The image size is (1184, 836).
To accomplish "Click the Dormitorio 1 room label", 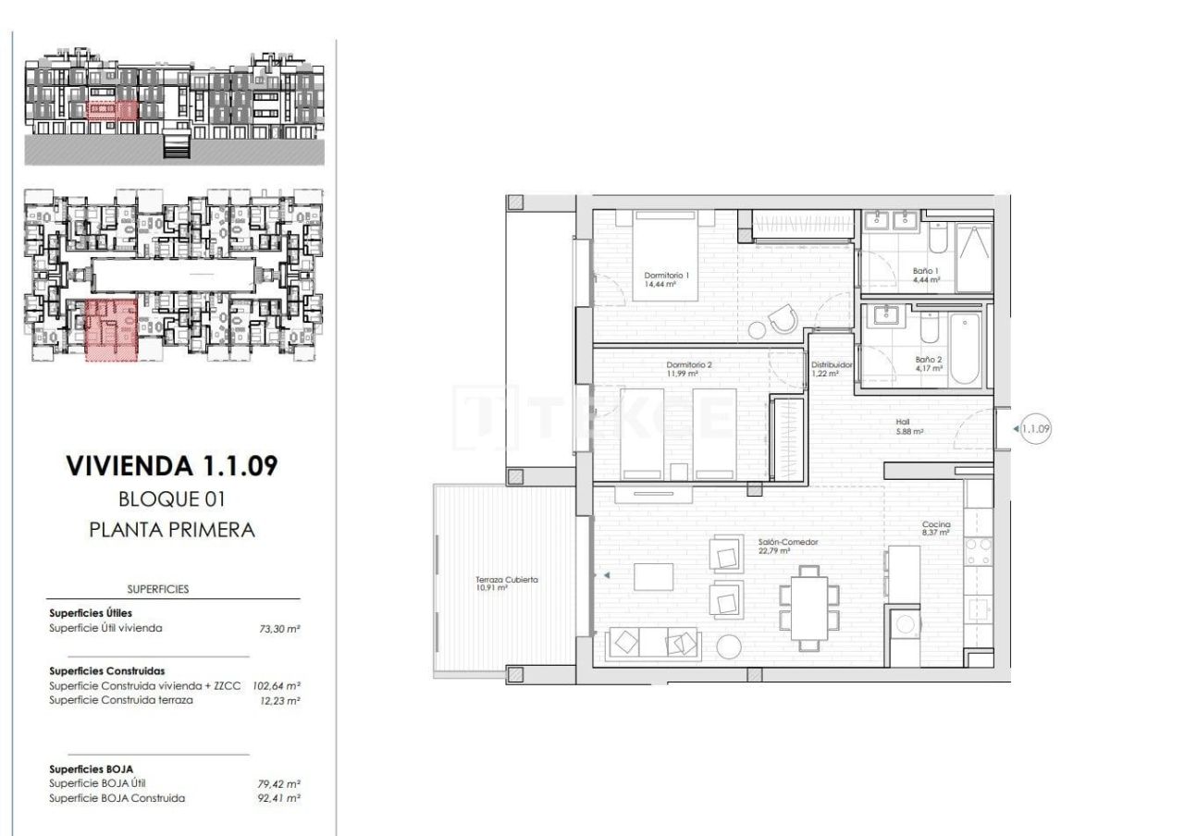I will click(x=666, y=276).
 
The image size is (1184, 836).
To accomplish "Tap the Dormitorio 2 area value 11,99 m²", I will click(x=688, y=374).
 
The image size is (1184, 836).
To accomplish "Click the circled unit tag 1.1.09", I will click(x=1036, y=428).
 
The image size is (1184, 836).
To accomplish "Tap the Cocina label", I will click(x=935, y=524).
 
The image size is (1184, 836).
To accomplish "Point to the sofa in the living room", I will click(x=652, y=643).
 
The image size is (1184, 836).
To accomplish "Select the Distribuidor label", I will click(x=831, y=364).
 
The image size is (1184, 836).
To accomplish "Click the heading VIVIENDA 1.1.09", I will click(x=171, y=465).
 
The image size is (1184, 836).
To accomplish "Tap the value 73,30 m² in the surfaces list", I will click(x=280, y=628).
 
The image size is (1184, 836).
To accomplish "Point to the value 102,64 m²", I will click(x=279, y=686).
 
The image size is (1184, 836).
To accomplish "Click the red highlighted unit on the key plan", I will click(x=111, y=329).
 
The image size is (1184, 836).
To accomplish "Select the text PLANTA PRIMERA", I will click(x=171, y=530).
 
